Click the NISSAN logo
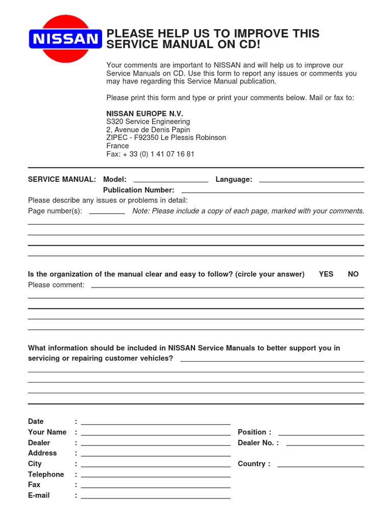coord(65,39)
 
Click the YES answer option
coord(326,274)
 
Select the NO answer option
coord(353,274)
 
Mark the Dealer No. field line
coord(325,444)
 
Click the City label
coord(35,464)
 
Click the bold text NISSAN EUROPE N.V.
coord(144,113)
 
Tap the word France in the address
coord(117,146)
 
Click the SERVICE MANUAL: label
coord(62,179)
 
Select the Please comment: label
coord(56,285)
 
